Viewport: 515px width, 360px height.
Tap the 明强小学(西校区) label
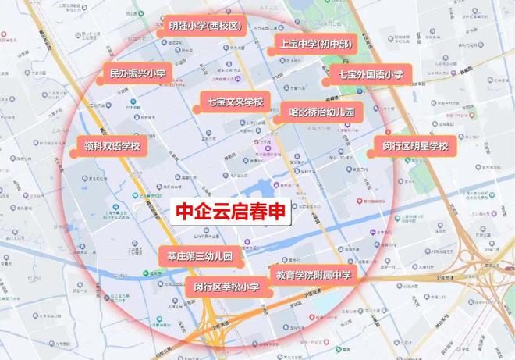pyautogui.click(x=205, y=26)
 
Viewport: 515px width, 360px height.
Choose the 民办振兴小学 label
pyautogui.click(x=137, y=74)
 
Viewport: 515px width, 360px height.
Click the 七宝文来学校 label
pyautogui.click(x=236, y=102)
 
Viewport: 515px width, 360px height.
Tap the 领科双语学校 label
pyautogui.click(x=112, y=146)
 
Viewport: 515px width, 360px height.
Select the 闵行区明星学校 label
pyautogui.click(x=415, y=146)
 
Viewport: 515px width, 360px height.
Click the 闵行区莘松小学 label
pyautogui.click(x=226, y=287)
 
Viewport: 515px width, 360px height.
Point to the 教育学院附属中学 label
pyautogui.click(x=314, y=275)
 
